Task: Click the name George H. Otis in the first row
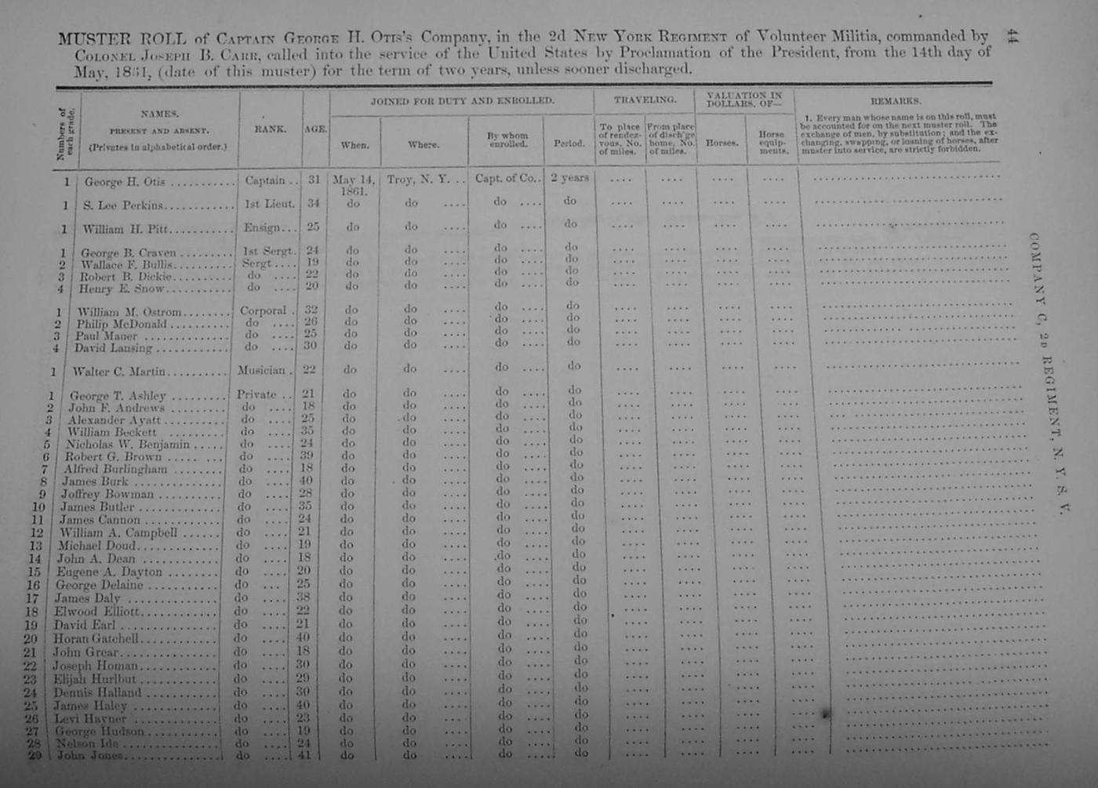(x=125, y=182)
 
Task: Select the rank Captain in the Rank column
(x=265, y=180)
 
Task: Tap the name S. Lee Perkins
(x=124, y=205)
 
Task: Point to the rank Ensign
(x=262, y=228)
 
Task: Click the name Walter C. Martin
(x=118, y=372)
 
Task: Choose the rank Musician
(x=261, y=370)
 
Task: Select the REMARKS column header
(x=896, y=101)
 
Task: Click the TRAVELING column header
(x=645, y=100)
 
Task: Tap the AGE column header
(x=315, y=129)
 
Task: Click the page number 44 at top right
(x=1012, y=36)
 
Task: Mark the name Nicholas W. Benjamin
(x=133, y=445)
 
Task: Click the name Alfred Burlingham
(x=115, y=469)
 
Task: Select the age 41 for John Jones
(x=304, y=756)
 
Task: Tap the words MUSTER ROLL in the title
(x=122, y=38)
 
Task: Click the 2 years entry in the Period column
(x=569, y=178)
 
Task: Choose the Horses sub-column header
(x=722, y=143)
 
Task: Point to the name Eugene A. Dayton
(x=109, y=572)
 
